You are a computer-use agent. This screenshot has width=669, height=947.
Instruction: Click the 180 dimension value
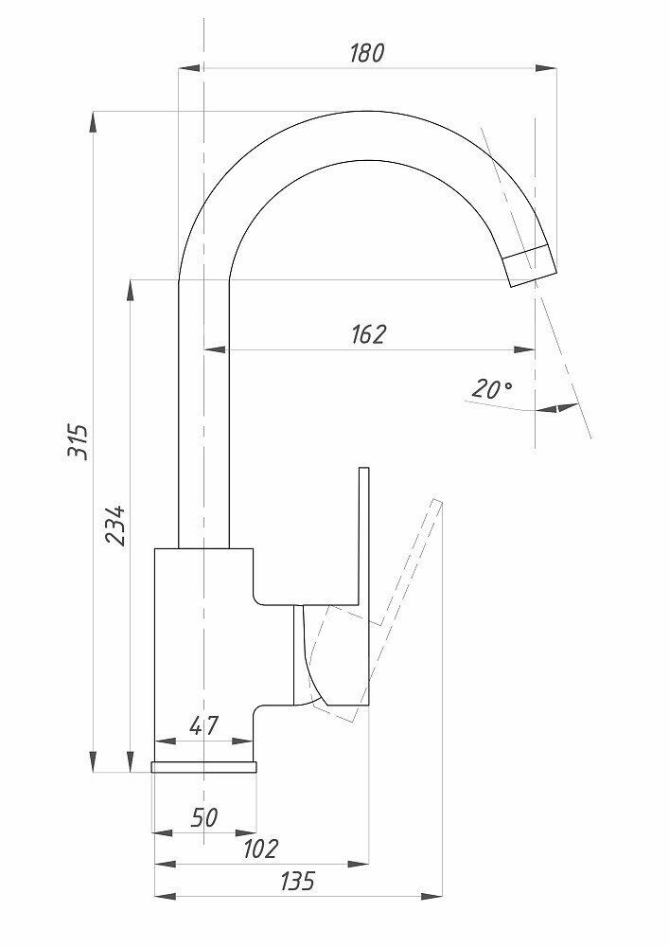pyautogui.click(x=366, y=53)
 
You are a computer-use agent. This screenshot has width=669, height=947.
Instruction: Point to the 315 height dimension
pyautogui.click(x=81, y=441)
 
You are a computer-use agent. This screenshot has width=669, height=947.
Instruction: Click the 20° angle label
pyautogui.click(x=492, y=388)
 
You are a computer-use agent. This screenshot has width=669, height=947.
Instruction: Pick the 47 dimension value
pyautogui.click(x=204, y=725)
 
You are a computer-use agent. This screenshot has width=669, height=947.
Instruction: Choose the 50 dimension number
pyautogui.click(x=204, y=816)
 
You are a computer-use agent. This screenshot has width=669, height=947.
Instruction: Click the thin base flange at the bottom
pyautogui.click(x=204, y=766)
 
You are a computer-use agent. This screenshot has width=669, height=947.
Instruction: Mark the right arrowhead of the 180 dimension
pyautogui.click(x=549, y=67)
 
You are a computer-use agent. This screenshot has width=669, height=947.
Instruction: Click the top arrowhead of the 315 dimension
pyautogui.click(x=93, y=119)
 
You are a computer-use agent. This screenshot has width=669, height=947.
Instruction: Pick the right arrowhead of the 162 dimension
pyautogui.click(x=527, y=348)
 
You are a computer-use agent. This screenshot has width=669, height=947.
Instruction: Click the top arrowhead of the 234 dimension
pyautogui.click(x=130, y=286)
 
